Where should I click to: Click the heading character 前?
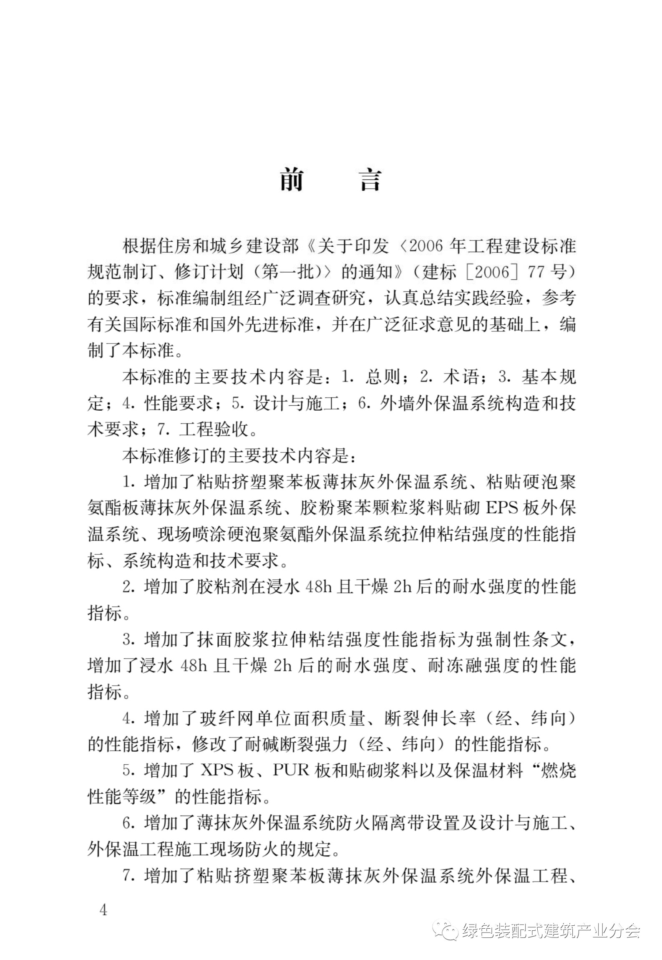point(292,180)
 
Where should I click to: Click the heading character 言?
point(371,180)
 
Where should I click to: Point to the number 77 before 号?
point(538,272)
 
